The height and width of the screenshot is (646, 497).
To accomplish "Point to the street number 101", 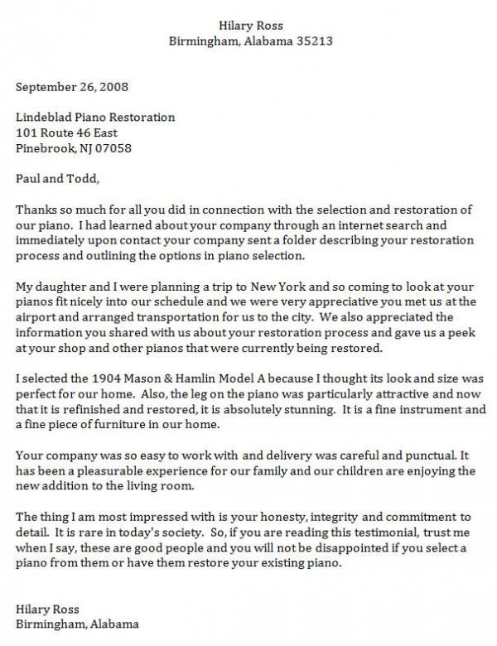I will pyautogui.click(x=27, y=133).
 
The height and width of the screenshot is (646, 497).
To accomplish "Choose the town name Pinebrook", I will pyautogui.click(x=44, y=149).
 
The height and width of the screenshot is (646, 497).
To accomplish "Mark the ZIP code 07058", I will pyautogui.click(x=116, y=149).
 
